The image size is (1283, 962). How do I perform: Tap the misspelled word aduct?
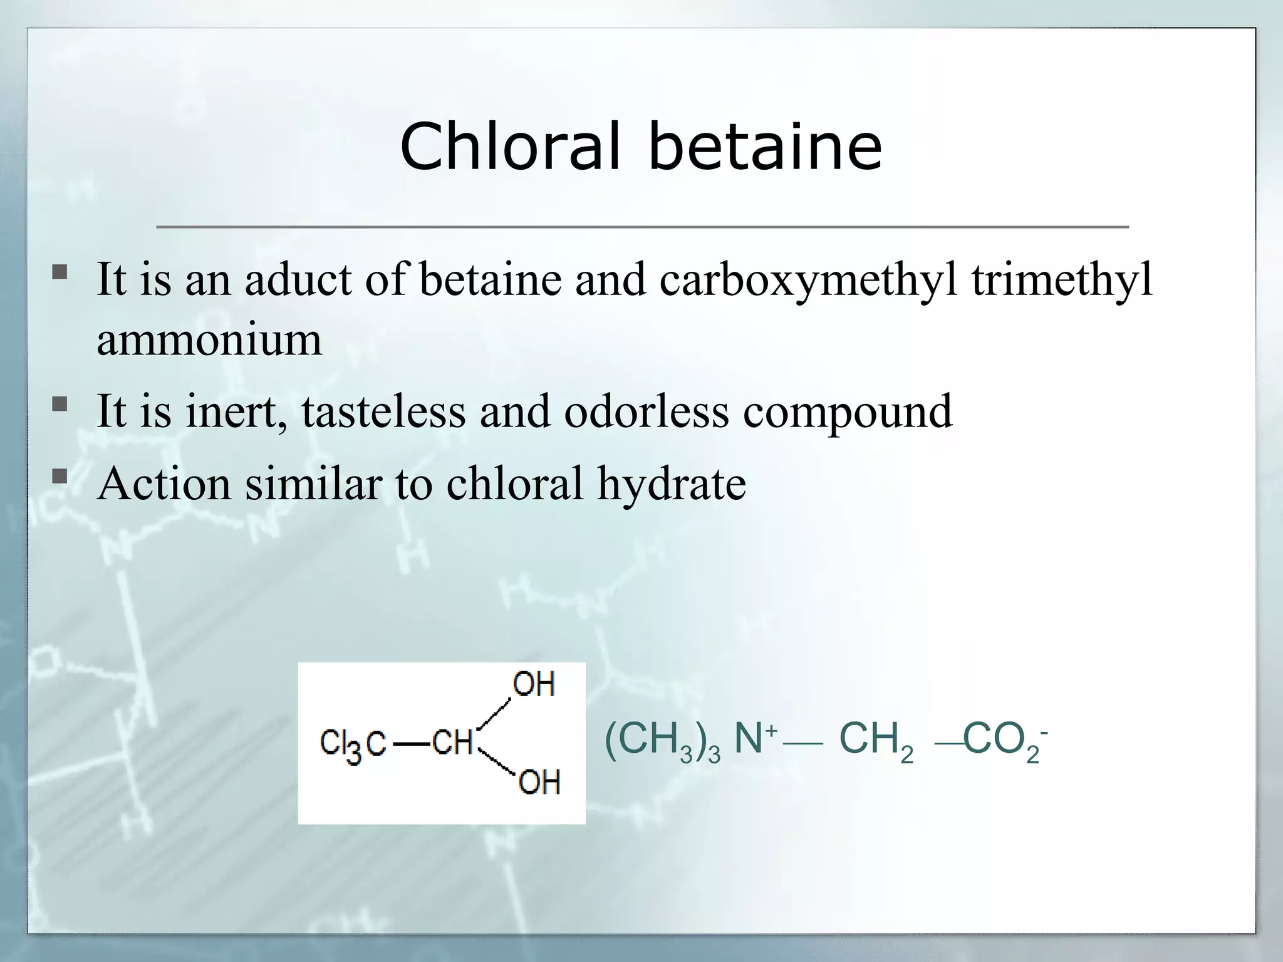[298, 279]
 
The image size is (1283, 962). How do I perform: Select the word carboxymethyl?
[808, 279]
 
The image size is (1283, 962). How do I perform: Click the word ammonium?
[209, 340]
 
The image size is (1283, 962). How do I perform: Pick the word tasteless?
[383, 411]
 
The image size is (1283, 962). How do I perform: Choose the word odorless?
[647, 411]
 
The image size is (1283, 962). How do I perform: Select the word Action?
[164, 484]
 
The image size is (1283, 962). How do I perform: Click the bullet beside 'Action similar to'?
[60, 477]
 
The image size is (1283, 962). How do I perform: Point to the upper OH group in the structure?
[534, 684]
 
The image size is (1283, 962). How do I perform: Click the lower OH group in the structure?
[539, 782]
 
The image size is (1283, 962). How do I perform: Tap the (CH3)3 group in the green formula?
[662, 740]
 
